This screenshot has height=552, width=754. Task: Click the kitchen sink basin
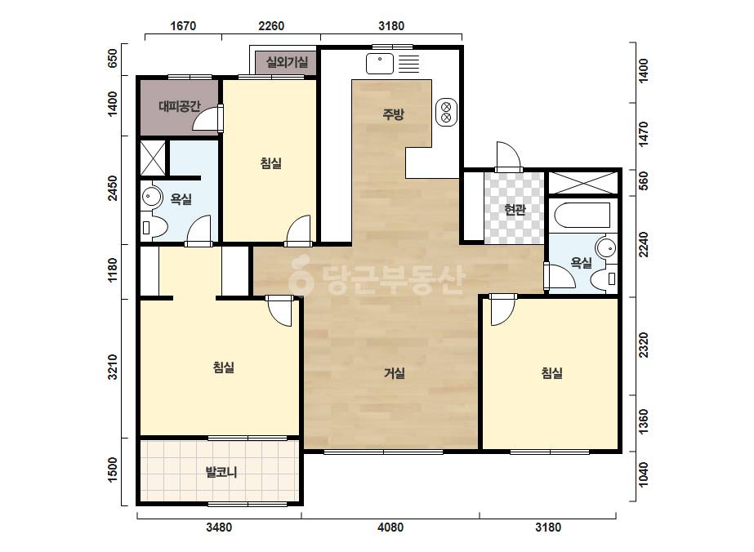pos(380,64)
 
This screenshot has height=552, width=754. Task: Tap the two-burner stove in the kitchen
pos(446,113)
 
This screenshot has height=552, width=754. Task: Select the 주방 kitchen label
pos(394,114)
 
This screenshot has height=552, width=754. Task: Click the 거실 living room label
pos(395,372)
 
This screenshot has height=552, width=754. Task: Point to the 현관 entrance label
pos(515,209)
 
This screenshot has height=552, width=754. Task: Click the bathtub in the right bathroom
pos(582,215)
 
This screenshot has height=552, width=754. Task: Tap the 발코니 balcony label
pos(221,472)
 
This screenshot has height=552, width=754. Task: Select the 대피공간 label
pos(180,106)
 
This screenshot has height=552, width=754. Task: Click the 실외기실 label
pos(287,61)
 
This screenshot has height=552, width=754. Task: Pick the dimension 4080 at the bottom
pos(390,528)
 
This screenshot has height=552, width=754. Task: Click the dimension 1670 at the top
pos(183,25)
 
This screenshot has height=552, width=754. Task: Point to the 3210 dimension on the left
pos(112,367)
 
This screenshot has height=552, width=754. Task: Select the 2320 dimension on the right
pos(643,345)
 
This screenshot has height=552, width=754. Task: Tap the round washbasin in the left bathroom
pos(152,196)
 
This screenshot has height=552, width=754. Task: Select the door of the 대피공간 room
pos(207,118)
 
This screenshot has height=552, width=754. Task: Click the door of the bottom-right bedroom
pos(503,310)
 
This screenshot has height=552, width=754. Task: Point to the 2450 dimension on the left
pos(112,189)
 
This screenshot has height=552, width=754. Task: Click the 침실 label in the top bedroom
pos(271,163)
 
